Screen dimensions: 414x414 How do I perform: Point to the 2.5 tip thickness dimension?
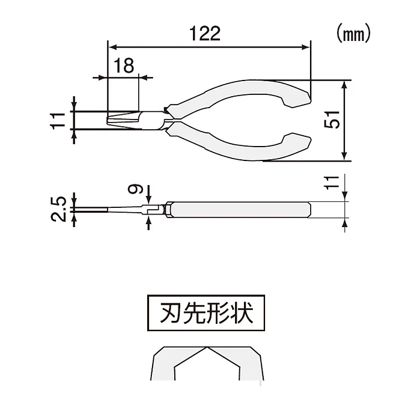[x=58, y=208]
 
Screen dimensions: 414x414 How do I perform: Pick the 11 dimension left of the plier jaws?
[x=58, y=120]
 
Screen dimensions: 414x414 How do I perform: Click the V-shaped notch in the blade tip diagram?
[x=207, y=352]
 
